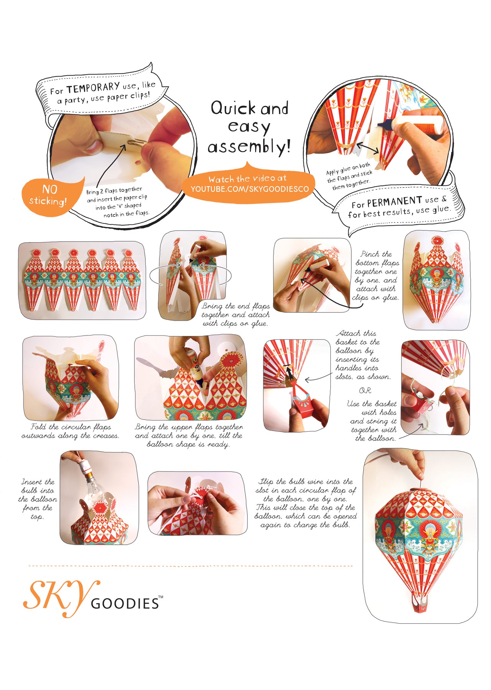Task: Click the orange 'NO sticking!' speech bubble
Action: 52,196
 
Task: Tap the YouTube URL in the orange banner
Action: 250,189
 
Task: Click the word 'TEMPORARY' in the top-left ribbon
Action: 92,89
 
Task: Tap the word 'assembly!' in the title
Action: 249,146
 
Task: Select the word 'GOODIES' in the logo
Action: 125,603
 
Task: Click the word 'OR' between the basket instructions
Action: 365,390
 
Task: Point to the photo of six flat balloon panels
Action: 82,280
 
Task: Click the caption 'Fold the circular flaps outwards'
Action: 70,431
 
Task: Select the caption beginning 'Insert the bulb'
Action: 38,499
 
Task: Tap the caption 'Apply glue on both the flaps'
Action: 349,176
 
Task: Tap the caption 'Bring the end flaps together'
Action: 236,315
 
